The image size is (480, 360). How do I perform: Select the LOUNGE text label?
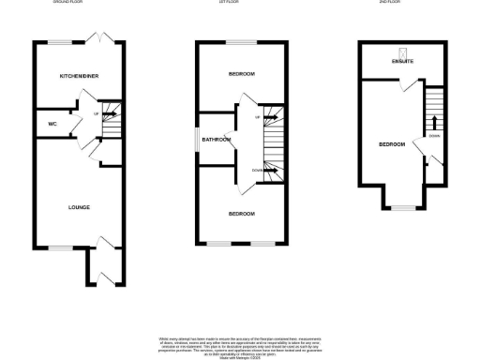tap(79, 206)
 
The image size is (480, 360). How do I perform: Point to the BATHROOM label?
tap(217, 140)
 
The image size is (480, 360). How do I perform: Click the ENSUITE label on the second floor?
tap(403, 63)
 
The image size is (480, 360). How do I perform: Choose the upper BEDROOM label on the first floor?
tap(242, 74)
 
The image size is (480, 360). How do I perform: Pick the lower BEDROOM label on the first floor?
tap(242, 214)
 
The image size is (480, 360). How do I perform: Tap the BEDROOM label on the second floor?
tap(392, 144)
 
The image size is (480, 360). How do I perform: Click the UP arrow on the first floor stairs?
tap(258, 118)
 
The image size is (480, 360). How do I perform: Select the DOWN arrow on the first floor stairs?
tap(257, 170)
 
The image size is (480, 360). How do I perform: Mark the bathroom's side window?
tap(197, 139)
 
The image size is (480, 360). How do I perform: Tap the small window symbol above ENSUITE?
tap(402, 52)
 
